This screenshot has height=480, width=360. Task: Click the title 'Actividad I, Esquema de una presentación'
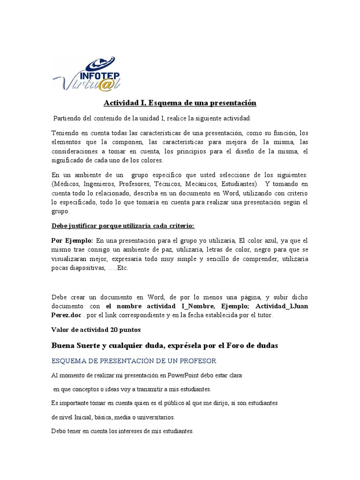pyautogui.click(x=180, y=103)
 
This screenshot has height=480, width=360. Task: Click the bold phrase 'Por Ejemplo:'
pyautogui.click(x=72, y=240)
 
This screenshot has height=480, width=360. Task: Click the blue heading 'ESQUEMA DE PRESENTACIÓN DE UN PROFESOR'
pyautogui.click(x=134, y=361)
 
